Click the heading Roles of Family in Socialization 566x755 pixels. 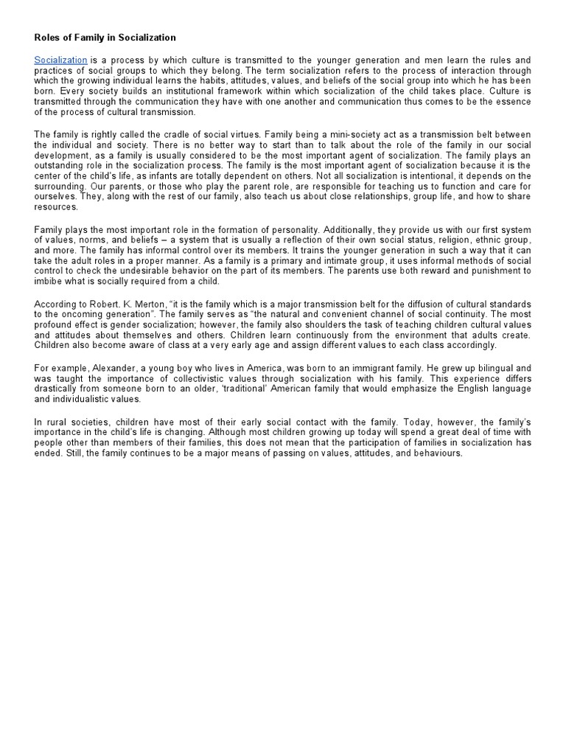pos(105,36)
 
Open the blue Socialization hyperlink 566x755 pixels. pos(61,59)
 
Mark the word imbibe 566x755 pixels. pos(49,282)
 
